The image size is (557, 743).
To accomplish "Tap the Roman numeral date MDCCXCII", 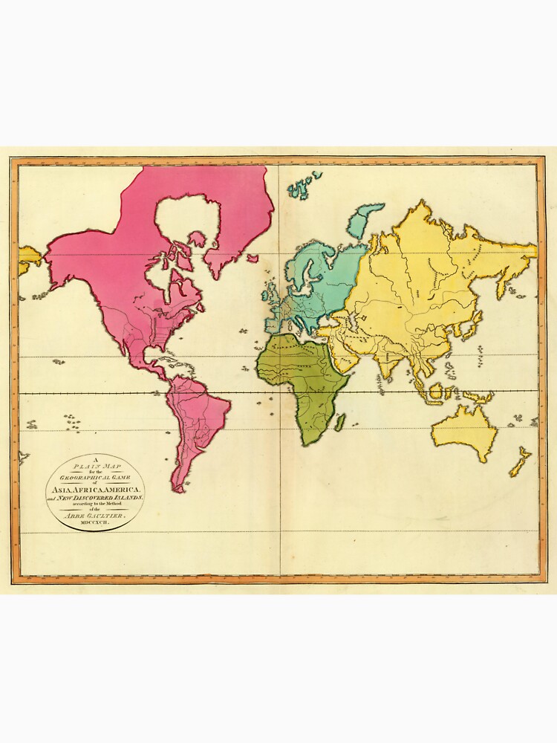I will pos(93,522).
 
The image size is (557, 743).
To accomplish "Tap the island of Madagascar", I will pos(340,423).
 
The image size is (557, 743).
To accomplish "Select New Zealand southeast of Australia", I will pos(520,461).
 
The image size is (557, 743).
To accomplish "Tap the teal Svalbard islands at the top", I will pos(304,186).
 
